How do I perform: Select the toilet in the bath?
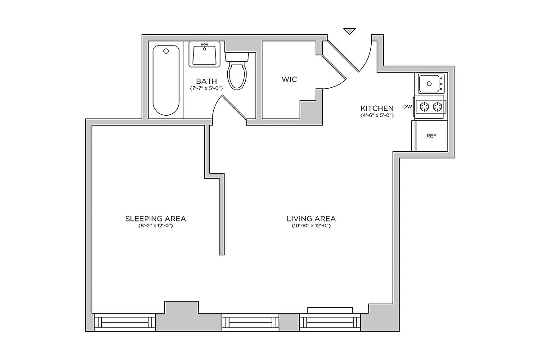237,72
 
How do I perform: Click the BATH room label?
206,81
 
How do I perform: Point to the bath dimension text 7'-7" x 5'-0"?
206,89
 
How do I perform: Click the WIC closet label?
289,79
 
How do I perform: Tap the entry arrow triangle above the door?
349,31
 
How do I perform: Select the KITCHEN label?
377,108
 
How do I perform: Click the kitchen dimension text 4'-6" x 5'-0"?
377,116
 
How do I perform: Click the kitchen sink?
429,83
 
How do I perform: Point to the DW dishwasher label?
408,107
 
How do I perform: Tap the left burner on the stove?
423,107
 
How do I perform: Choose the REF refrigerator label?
431,135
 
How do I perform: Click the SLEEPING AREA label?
156,219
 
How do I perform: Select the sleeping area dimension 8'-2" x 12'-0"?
156,226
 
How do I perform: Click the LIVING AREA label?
311,219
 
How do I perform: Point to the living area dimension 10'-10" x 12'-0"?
311,226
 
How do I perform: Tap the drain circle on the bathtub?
166,51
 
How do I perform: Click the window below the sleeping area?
125,323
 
